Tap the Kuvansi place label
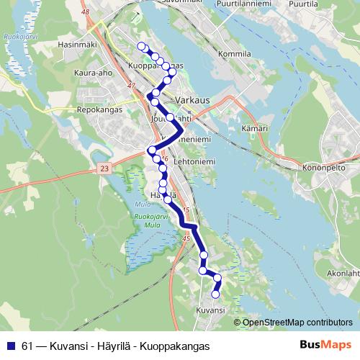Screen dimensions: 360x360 (x=210, y=309)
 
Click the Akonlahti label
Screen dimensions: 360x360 (x=342, y=274)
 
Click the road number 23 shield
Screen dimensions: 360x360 (x=104, y=168)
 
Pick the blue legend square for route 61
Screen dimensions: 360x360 (x=10, y=344)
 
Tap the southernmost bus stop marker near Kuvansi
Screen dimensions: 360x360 (x=215, y=294)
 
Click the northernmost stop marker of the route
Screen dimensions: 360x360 (x=142, y=46)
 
